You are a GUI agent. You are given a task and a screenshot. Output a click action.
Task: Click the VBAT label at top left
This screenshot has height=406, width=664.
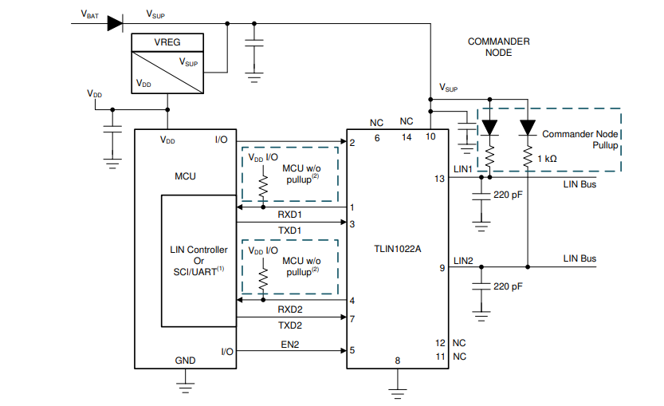point(90,14)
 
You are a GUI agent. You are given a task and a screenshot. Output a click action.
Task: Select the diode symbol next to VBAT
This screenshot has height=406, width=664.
point(115,23)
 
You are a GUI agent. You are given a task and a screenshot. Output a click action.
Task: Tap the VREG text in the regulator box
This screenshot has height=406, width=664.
point(167,43)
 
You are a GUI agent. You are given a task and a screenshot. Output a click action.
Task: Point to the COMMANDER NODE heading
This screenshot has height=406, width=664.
point(498,47)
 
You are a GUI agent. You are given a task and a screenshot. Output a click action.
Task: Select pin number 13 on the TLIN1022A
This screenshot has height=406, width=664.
point(439,179)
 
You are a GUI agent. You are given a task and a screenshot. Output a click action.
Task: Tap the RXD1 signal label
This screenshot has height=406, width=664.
point(289,215)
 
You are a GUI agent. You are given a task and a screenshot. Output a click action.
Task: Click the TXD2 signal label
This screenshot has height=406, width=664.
point(289,326)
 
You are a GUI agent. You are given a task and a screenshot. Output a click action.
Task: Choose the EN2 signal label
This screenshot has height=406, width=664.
point(289,345)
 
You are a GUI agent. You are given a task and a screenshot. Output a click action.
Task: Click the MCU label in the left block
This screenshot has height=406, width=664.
point(185,176)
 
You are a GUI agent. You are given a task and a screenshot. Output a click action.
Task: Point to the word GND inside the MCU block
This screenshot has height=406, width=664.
point(185,361)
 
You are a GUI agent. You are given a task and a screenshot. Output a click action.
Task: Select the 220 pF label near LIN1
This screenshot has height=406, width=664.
point(508,195)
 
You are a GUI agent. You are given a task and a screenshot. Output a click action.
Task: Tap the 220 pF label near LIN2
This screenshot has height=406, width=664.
point(508,286)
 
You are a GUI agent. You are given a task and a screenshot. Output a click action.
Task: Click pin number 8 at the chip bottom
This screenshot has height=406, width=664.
point(397,361)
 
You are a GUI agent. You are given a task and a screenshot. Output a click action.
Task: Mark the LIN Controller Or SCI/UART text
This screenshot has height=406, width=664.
point(198,261)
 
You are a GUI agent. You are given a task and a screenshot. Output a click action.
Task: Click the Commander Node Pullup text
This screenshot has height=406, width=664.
point(580,140)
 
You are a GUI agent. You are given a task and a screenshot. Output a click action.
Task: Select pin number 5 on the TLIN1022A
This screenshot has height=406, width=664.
point(352,350)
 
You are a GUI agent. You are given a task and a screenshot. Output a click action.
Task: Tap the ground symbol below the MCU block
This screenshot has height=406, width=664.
point(186,388)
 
